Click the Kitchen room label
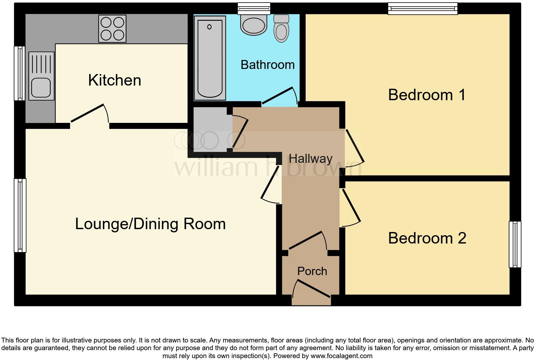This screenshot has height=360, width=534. click(114, 80)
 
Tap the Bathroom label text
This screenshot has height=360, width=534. click(267, 65)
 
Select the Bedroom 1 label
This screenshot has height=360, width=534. click(427, 95)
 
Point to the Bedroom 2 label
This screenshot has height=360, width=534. click(427, 238)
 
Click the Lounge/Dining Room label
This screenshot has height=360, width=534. click(150, 224)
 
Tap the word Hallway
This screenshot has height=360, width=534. click(310, 159)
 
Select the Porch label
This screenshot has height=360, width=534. click(312, 271)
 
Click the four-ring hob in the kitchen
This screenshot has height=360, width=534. click(112, 29)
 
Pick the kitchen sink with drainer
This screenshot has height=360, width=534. click(41, 76)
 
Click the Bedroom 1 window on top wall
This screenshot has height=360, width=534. click(423, 8)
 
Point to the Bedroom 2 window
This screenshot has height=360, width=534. click(515, 244)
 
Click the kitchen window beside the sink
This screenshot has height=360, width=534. click(20, 73)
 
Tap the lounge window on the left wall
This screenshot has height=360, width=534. click(20, 215)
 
